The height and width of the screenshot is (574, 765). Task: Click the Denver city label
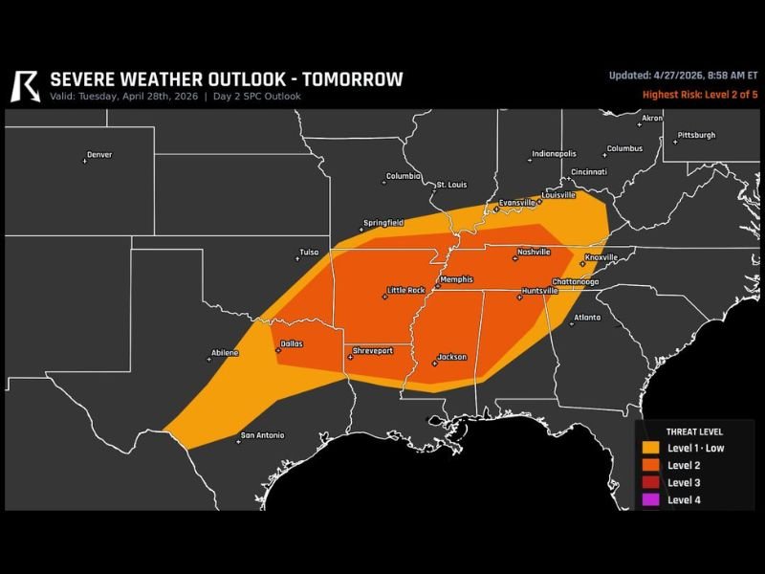98,155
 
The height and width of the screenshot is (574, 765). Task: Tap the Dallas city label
292,343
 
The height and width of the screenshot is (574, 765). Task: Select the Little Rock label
404,290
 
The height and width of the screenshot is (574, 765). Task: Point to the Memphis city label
455,279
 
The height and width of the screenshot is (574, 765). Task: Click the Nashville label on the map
533,253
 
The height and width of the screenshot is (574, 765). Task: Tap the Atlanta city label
586,317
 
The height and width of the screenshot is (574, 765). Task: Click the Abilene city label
225,353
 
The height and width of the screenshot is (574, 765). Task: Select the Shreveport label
372,351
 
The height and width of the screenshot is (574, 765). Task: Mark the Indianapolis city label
554,154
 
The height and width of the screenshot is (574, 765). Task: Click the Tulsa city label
308,253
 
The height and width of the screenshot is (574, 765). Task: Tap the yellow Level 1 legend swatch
650,448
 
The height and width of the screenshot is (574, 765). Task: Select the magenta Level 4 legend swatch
650,499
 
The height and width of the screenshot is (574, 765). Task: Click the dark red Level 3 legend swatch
650,482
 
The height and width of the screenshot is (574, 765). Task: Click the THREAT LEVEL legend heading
694,431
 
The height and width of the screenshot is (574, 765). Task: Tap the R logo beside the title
24,85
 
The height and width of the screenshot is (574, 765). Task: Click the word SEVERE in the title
83,79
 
